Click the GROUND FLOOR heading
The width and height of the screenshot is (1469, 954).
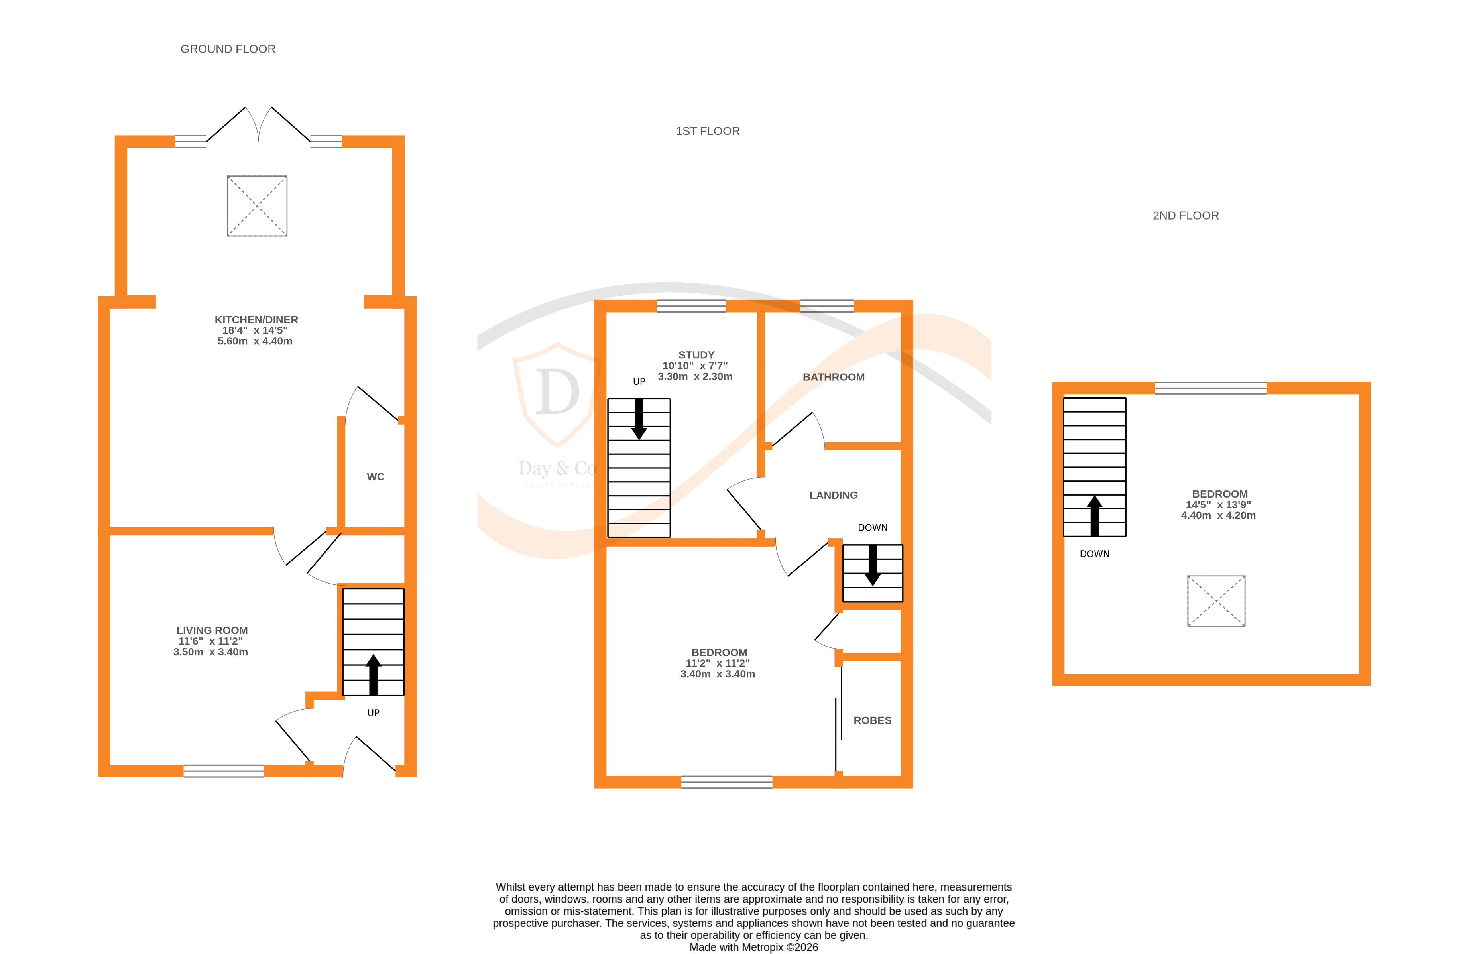pos(228,49)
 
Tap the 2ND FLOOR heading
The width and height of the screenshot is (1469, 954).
pos(1185,215)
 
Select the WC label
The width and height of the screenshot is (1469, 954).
pos(375,476)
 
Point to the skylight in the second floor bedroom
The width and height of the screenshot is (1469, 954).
pos(1216,600)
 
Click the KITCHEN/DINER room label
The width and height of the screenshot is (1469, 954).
pos(256,320)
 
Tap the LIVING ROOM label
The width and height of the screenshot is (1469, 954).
pos(212,630)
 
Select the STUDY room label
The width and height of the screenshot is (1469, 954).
pos(696,355)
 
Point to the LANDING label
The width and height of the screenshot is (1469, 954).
pos(833,495)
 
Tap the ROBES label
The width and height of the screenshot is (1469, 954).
pos(872,720)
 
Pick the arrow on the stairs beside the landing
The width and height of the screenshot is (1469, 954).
pos(872,565)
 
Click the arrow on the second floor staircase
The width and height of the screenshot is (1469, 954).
pos(1094,515)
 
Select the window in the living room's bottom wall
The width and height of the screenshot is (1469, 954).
pos(223,771)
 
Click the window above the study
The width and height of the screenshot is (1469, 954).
pos(691,306)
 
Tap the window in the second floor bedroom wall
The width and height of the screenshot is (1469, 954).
pos(1210,388)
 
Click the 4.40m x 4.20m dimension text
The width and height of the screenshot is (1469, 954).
pos(1218,515)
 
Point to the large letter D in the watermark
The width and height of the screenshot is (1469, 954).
pos(557,392)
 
